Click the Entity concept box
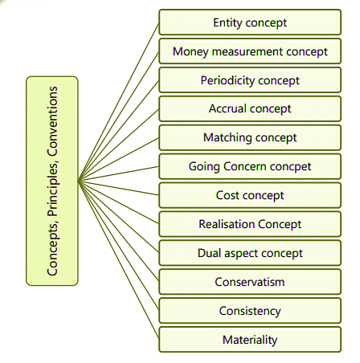[250, 22]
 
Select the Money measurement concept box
[250, 51]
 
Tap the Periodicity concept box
[250, 80]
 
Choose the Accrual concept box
[250, 108]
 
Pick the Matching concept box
[250, 137]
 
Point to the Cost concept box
[250, 195]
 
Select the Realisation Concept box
[250, 224]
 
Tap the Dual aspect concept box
[250, 253]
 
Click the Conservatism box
[250, 282]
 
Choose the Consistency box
[250, 311]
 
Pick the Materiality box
[250, 340]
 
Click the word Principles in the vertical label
[52, 189]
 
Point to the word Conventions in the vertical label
[52, 121]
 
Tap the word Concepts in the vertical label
[52, 248]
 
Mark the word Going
[204, 167]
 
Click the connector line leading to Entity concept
[118, 102]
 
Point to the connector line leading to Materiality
[118, 259]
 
